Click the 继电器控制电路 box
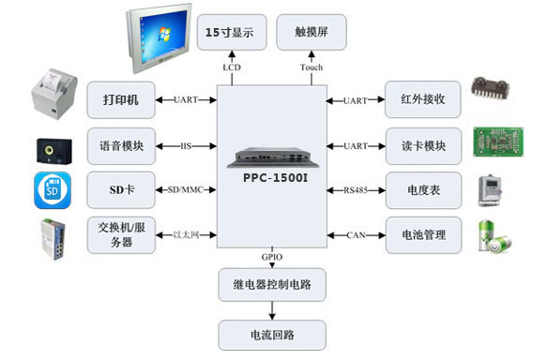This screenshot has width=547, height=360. tap(272, 282)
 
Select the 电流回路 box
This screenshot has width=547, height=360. tap(272, 334)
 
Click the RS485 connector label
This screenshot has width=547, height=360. tap(356, 190)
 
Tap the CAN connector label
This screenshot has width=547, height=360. tap(356, 234)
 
